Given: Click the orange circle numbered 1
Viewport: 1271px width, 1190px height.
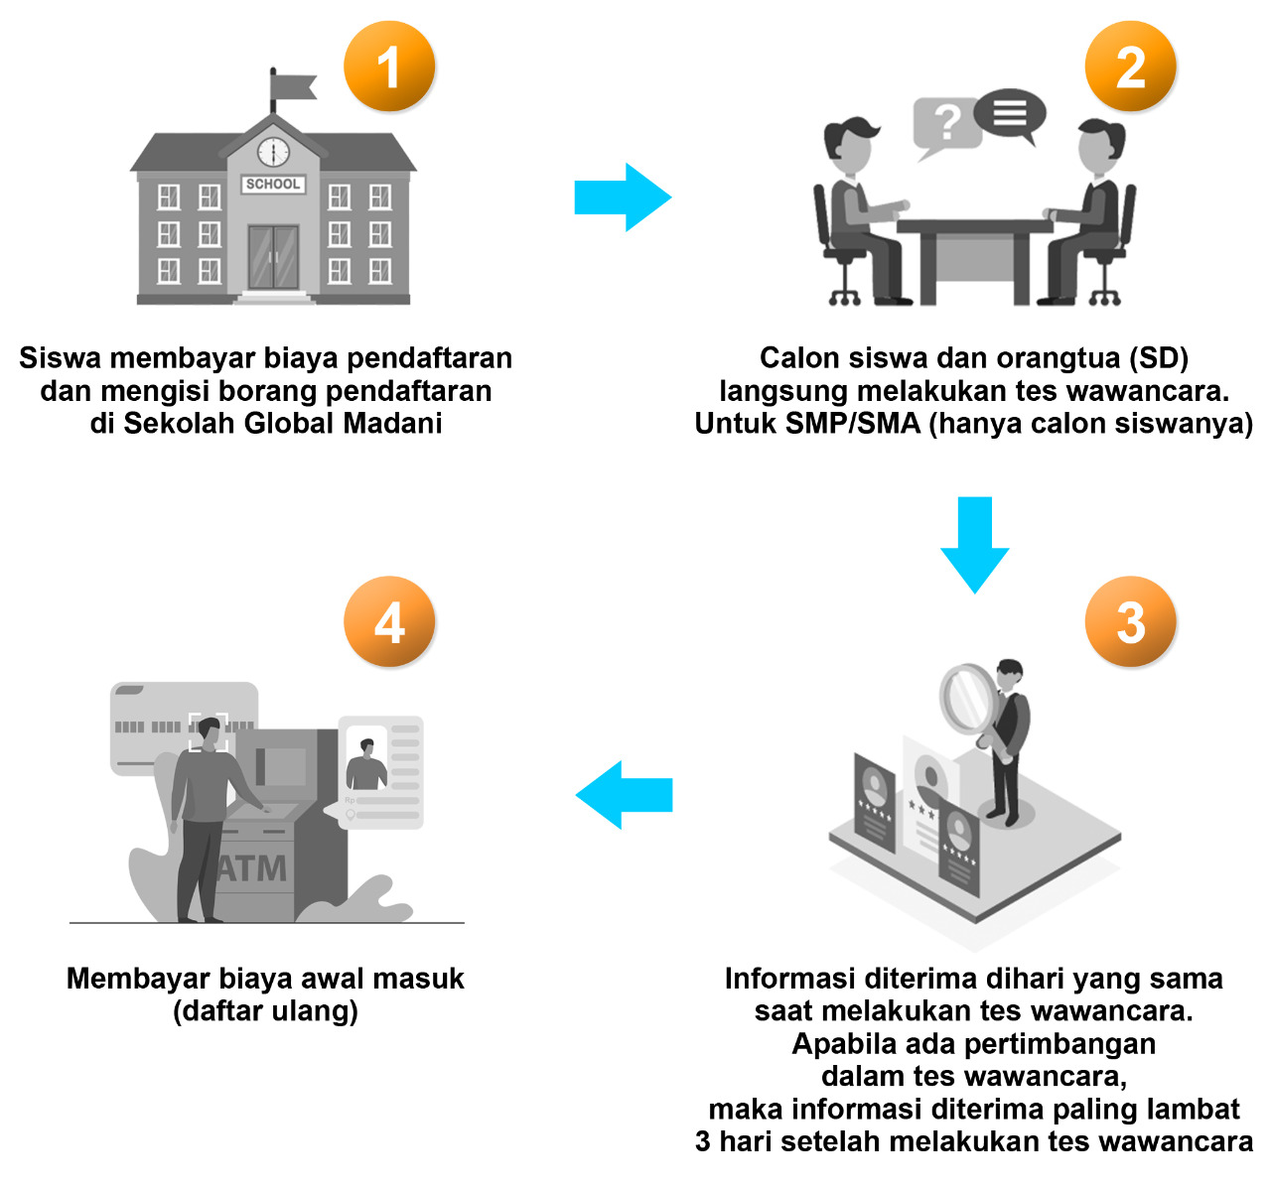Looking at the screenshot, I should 389,66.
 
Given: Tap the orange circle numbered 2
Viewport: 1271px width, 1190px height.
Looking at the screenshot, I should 1130,66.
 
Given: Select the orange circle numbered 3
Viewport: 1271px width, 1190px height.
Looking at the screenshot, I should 1130,622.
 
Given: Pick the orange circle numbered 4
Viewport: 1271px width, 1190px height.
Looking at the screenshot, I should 389,622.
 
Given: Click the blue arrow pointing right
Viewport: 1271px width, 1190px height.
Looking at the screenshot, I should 623,198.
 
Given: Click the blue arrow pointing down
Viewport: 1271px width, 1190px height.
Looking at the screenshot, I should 974,545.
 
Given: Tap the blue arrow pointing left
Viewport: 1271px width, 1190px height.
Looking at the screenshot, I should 624,794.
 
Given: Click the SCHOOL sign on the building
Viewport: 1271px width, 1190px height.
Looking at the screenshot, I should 273,184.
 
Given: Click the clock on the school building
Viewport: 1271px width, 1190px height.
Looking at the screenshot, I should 273,152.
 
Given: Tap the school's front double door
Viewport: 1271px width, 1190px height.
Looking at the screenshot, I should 273,256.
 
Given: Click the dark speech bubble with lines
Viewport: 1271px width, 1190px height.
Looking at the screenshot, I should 1010,112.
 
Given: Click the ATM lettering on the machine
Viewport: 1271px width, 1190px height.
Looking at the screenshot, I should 252,868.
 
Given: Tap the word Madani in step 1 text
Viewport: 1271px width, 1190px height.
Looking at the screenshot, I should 392,423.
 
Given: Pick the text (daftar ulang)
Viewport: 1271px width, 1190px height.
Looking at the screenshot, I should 265,1011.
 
